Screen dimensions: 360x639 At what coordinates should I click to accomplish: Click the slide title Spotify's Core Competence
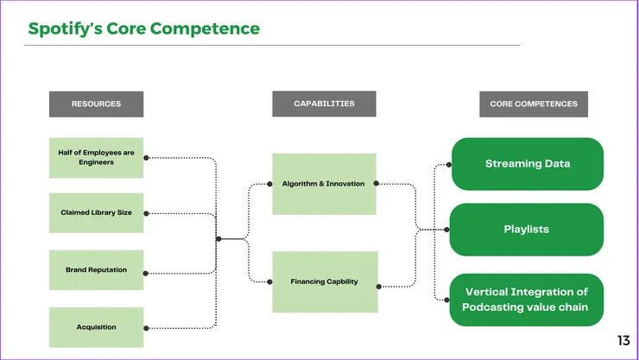pos(143,28)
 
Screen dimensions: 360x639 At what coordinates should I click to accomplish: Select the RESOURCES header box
pos(96,104)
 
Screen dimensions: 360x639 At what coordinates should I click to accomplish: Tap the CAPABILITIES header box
pos(324,104)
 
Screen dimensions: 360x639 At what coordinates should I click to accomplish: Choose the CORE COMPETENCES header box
pos(533,104)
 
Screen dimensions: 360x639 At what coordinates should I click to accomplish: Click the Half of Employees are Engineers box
pos(96,157)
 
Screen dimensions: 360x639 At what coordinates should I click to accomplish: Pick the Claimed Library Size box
pos(96,212)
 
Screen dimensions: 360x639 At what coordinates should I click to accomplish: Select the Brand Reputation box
pos(96,269)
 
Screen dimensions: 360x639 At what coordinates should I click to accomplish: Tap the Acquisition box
pos(96,327)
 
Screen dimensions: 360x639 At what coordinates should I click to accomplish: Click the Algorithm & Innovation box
pos(324,184)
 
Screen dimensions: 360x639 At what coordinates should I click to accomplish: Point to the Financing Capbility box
pos(324,281)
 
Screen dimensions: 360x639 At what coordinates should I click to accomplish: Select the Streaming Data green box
pos(527,164)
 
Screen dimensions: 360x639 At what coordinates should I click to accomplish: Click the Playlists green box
pos(527,230)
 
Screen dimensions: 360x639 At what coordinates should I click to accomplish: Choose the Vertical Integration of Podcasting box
pos(527,300)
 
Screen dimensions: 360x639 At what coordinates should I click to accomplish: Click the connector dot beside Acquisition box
pos(146,328)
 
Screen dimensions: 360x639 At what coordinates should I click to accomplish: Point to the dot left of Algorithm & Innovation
pos(273,184)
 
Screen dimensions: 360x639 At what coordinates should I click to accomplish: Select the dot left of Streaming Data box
pos(450,164)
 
